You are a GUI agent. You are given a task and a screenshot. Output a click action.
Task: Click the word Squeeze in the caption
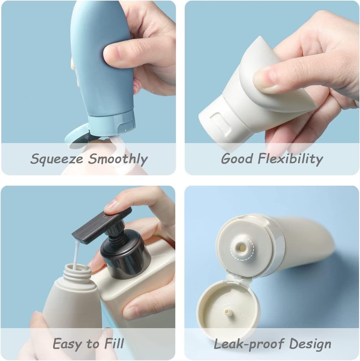[x=57, y=159]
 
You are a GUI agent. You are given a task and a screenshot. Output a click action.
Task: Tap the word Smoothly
[x=118, y=159]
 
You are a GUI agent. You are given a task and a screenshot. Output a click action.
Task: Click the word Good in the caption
[x=237, y=159]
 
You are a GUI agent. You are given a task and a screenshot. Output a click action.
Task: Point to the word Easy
[x=67, y=344]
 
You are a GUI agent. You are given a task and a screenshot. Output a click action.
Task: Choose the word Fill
[x=114, y=343]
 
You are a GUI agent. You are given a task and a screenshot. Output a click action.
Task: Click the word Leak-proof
[x=249, y=344]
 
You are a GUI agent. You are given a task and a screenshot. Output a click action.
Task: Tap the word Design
[x=310, y=344]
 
